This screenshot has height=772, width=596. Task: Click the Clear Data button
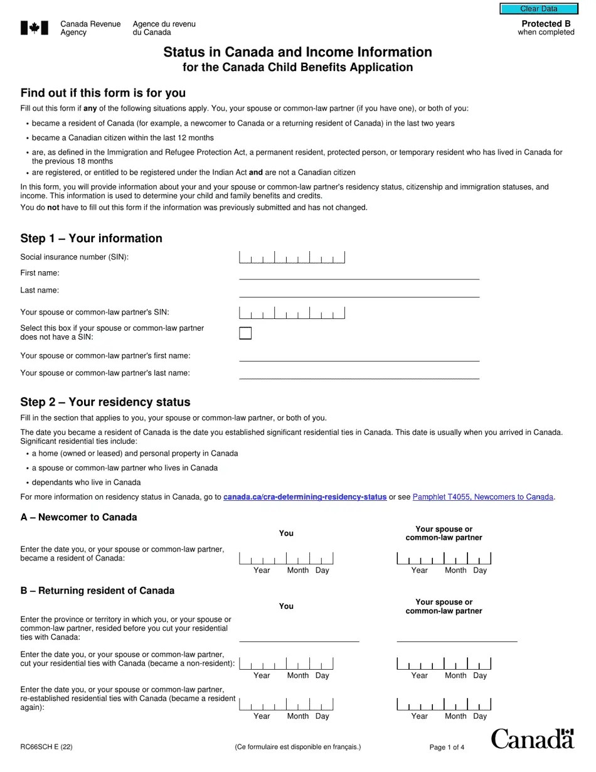538,9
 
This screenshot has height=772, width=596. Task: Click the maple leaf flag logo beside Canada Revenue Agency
35,28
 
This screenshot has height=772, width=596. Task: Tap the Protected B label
546,24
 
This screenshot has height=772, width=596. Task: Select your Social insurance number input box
292,257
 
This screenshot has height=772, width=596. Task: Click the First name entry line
359,274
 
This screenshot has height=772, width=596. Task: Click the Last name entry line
359,291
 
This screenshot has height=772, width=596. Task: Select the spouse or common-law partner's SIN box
292,313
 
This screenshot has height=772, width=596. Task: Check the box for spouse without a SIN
245,333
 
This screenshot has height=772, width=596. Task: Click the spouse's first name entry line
359,356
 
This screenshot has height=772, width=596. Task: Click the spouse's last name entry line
359,373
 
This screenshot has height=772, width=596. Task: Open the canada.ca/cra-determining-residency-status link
305,497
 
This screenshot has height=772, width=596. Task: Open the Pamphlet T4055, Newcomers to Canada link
482,497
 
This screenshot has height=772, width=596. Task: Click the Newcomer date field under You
286,559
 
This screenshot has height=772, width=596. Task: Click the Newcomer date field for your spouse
444,559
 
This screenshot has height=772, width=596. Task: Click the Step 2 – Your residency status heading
105,402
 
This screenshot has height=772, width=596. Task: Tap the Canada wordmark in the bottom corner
532,739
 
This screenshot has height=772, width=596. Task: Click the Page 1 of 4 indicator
447,747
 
